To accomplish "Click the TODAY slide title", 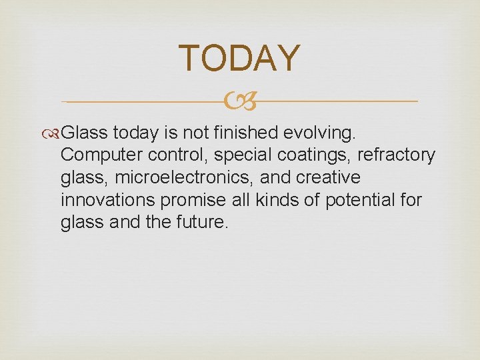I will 240,58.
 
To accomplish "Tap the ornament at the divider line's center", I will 240,102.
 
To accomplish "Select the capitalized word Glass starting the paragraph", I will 89,133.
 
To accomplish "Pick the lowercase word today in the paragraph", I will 137,133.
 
